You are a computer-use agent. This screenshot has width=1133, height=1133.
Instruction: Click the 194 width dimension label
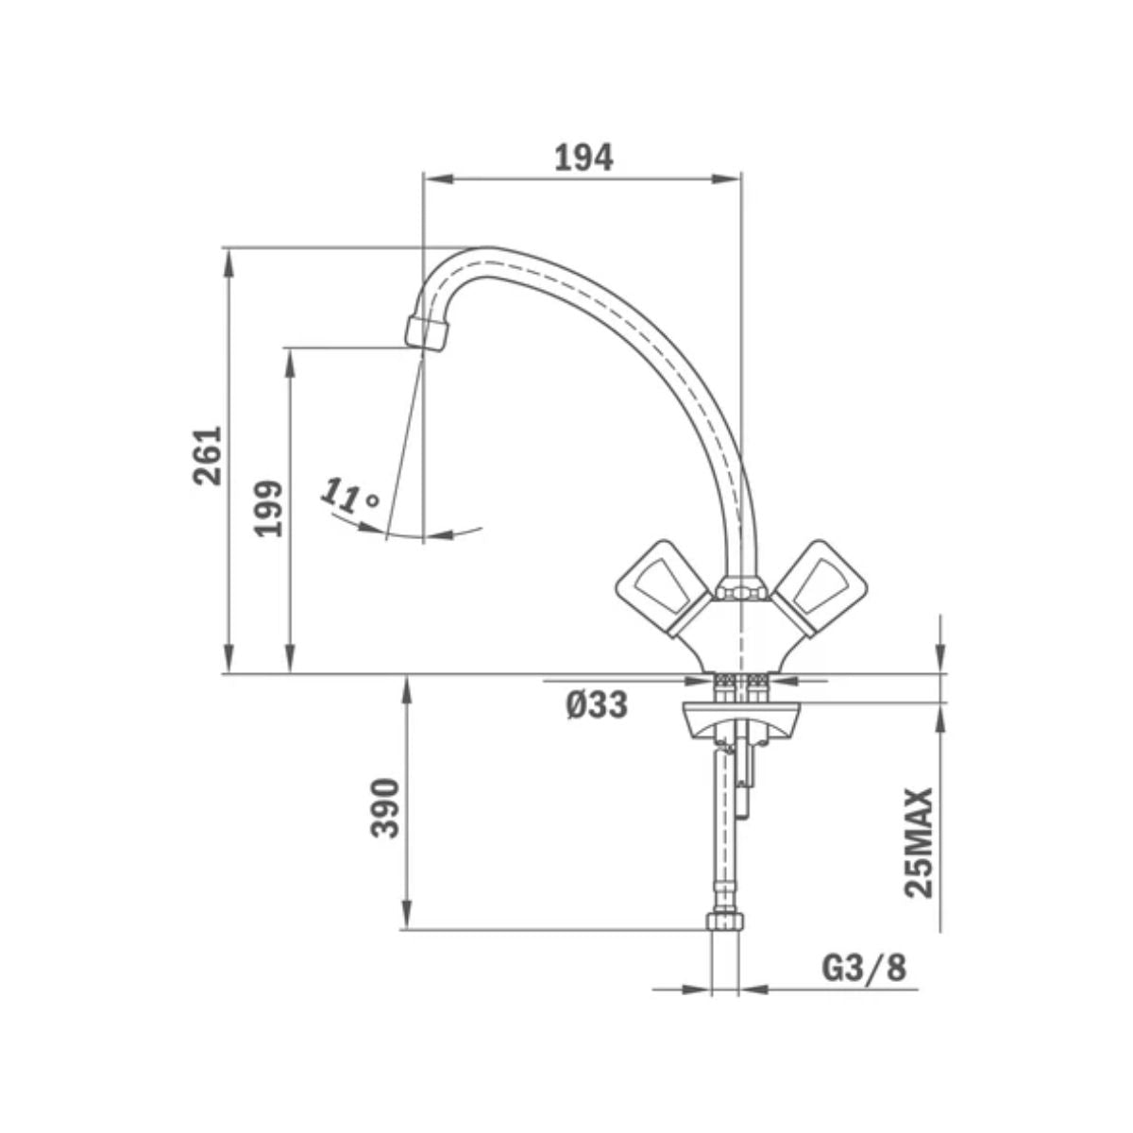583,158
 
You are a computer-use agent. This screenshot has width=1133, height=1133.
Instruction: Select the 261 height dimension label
207,455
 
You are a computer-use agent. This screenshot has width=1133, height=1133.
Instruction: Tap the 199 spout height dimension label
271,507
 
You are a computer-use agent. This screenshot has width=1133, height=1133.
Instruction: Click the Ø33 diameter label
597,703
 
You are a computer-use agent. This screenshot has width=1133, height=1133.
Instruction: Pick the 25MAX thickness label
918,842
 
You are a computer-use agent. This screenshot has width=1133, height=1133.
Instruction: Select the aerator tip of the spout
427,333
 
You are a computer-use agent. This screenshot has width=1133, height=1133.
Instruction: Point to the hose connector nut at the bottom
725,922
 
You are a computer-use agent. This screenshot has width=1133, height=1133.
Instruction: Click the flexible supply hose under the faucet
725,831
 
